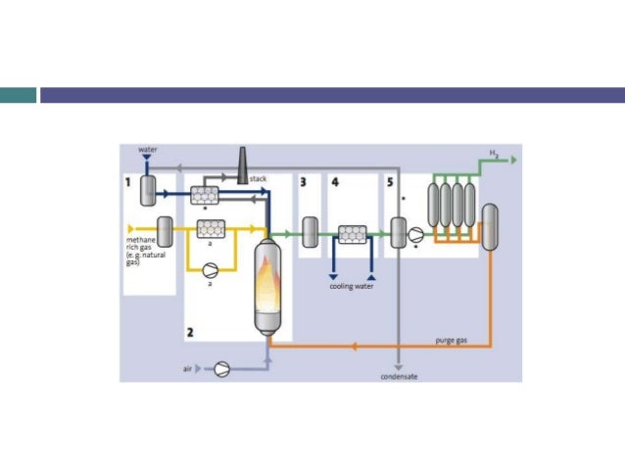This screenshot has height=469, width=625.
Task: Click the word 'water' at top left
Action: (148, 150)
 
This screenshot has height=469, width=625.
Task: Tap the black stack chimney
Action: (241, 165)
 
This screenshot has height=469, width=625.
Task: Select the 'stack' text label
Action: (258, 179)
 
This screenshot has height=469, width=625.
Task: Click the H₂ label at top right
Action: (495, 152)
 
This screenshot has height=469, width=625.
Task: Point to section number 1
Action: (127, 182)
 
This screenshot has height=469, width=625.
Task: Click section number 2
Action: (190, 332)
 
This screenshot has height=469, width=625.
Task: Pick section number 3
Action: (304, 182)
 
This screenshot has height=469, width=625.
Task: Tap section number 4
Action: (335, 182)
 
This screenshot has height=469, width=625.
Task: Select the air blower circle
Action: (221, 369)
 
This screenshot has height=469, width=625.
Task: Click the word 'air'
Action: (187, 369)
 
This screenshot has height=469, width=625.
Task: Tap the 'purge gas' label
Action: (451, 340)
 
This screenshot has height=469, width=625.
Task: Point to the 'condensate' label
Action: (400, 376)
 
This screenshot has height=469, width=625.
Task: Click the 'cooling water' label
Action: (350, 288)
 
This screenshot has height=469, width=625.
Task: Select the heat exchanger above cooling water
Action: (351, 233)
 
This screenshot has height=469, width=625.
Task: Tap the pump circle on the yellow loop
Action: (208, 267)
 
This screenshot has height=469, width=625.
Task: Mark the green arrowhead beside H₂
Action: (512, 158)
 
